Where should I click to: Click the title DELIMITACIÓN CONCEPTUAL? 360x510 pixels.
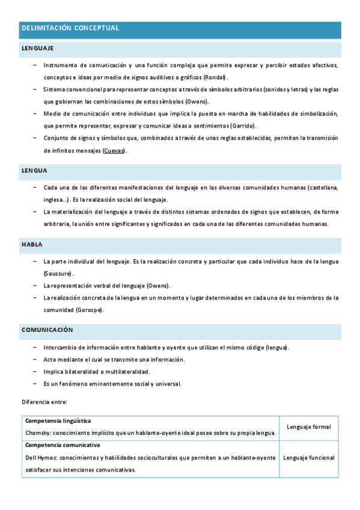pos(70,28)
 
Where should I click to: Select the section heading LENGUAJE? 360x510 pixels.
pos(37,48)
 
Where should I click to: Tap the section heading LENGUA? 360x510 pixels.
pos(34,171)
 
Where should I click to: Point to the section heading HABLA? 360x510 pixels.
pos(32,245)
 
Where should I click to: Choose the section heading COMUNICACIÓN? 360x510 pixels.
pos(47,330)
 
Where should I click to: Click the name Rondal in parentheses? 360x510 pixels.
pos(215,78)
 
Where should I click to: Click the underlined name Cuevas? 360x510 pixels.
pos(114,150)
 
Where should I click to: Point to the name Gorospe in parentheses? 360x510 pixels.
pos(90,310)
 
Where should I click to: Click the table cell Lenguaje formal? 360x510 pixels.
pos(308,427)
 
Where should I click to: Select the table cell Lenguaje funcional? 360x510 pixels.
pos(308,458)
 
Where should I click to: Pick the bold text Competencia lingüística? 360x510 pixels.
pos(58,421)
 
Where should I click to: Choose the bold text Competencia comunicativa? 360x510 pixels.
pos(63,446)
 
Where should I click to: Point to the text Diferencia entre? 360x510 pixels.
pos(45,401)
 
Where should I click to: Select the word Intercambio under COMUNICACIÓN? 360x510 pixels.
pos(60,348)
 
